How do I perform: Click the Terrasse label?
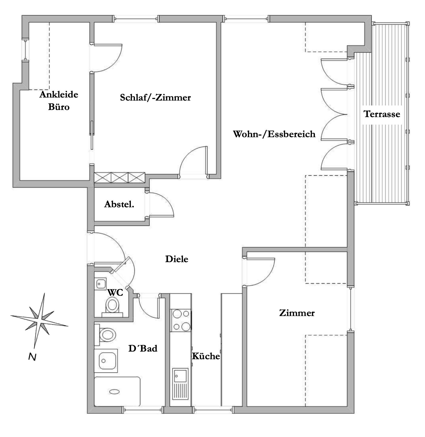(x=382, y=114)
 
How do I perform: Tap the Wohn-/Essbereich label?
(x=274, y=134)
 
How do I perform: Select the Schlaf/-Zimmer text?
(x=155, y=98)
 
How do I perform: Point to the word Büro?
(x=59, y=107)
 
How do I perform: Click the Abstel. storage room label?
(x=119, y=204)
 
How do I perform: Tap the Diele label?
(x=177, y=259)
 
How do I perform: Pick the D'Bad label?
(x=143, y=348)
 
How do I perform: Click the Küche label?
(x=206, y=356)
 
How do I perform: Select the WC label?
(x=115, y=293)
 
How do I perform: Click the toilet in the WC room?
(x=112, y=307)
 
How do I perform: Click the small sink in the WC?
(x=101, y=284)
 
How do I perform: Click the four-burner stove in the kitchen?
(x=180, y=320)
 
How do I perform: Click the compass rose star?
(x=39, y=321)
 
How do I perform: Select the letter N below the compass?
(x=32, y=357)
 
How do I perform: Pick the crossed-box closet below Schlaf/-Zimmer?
(x=119, y=177)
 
